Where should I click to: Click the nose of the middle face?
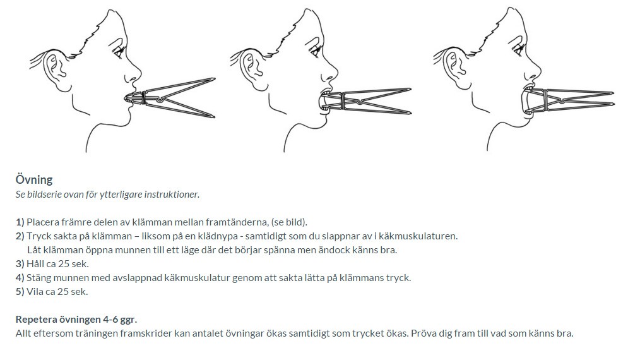click(331, 73)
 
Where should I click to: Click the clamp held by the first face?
click(172, 98)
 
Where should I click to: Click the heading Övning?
click(34, 180)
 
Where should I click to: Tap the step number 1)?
click(20, 222)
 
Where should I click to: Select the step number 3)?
click(20, 264)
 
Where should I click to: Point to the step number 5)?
click(20, 292)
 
